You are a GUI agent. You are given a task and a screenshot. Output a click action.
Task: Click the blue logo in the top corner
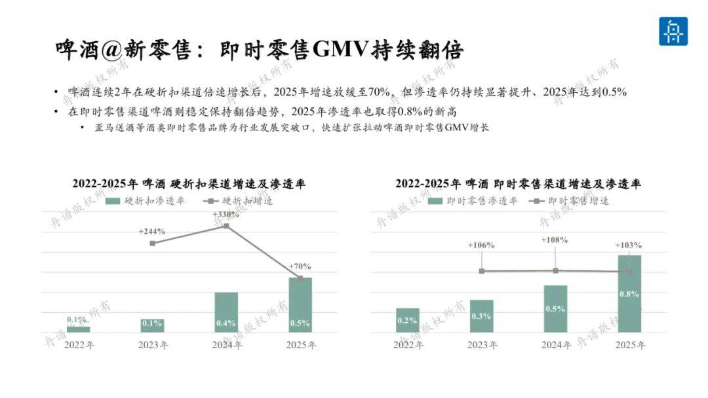673,31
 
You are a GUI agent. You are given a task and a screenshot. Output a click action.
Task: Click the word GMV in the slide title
340,49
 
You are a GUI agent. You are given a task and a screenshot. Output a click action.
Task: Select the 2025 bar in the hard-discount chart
300,305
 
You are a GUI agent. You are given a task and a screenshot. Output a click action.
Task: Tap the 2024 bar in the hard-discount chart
226,312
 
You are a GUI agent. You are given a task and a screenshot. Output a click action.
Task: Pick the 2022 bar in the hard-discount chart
79,329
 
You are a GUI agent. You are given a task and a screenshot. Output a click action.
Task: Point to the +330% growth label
226,215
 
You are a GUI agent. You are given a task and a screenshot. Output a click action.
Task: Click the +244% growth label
151,231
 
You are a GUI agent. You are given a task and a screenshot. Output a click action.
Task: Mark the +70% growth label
300,266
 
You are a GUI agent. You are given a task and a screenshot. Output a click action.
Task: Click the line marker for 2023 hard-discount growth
153,244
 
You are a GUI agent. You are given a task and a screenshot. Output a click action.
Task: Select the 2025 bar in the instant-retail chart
629,294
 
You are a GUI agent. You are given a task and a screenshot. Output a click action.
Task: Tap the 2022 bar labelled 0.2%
407,321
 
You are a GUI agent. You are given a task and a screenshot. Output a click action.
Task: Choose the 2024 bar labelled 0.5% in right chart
555,309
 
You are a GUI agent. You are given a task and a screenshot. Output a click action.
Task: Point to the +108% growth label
555,240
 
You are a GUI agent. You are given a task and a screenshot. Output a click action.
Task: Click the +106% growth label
481,245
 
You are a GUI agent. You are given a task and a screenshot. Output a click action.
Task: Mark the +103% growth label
629,245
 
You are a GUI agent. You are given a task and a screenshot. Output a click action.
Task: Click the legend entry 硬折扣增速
238,201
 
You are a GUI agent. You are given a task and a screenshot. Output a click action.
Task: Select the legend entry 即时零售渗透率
473,201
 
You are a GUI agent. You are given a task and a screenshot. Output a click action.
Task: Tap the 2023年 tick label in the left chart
153,345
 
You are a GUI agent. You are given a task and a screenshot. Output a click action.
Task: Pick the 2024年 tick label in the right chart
557,345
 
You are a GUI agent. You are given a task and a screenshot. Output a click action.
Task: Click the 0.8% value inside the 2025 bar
629,295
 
